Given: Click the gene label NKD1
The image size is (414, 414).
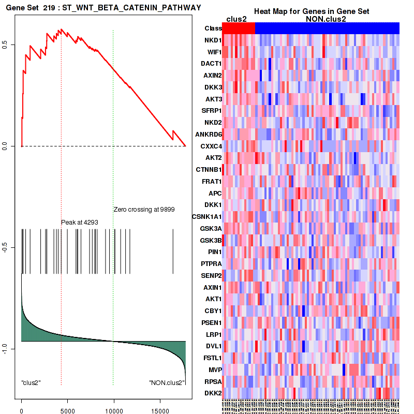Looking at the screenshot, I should [x=213, y=40].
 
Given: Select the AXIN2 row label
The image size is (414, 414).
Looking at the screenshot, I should [x=212, y=76].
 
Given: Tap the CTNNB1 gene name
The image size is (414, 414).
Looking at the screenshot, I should [x=209, y=170].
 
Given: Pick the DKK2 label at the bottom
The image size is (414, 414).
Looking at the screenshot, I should [x=213, y=394].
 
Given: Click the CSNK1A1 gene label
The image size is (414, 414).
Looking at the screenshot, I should [x=206, y=217].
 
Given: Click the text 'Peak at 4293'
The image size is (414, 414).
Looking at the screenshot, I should [x=80, y=222].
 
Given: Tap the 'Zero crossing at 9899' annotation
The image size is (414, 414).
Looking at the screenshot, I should [x=144, y=210].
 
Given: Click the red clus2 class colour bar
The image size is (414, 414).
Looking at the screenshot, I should [x=240, y=28].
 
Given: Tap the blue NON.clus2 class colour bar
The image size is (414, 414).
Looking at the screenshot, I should [x=327, y=28].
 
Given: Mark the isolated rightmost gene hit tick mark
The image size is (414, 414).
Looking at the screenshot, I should [x=173, y=251].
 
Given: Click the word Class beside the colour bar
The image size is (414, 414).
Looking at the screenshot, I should [x=213, y=28].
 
